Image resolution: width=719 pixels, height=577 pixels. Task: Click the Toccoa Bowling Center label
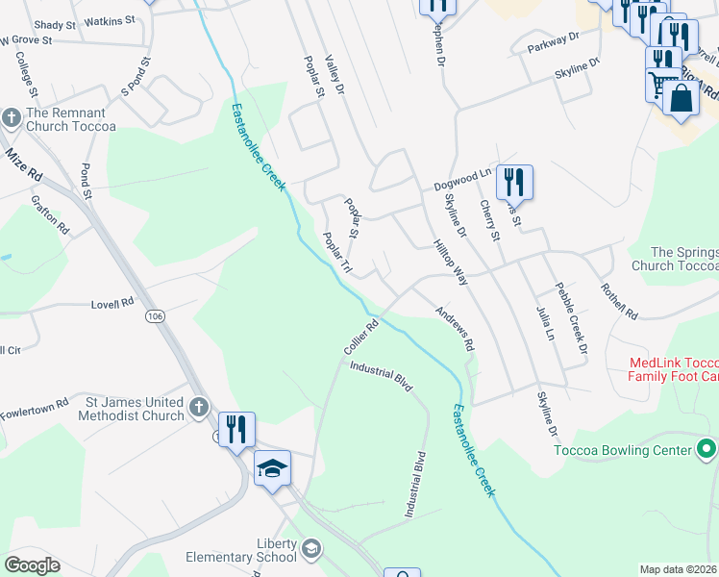click(624, 450)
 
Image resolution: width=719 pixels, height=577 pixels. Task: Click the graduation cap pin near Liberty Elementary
click(272, 469)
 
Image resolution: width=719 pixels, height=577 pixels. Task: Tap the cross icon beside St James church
click(198, 407)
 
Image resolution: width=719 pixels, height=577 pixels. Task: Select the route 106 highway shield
click(154, 315)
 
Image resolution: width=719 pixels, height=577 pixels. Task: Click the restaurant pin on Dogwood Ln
click(514, 181)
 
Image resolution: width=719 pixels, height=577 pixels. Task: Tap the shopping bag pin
click(681, 98)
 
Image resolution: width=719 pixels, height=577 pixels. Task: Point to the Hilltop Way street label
click(449, 262)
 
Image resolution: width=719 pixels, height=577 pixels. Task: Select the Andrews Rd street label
click(455, 328)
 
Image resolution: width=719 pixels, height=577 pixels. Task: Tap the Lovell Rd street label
click(112, 303)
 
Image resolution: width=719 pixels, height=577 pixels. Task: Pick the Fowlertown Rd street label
click(36, 404)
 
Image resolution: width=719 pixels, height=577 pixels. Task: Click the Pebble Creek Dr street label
click(570, 318)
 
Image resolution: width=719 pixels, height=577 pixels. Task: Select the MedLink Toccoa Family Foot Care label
click(673, 370)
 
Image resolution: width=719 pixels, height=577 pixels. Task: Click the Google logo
click(32, 565)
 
